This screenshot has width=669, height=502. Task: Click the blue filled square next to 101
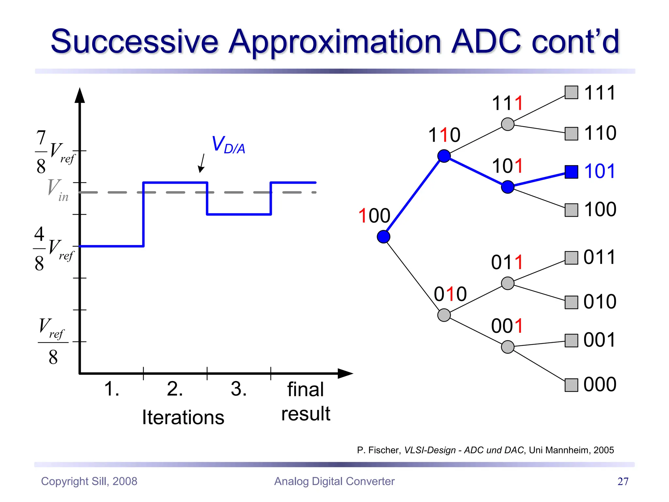[571, 172]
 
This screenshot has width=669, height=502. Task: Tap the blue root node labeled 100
[383, 237]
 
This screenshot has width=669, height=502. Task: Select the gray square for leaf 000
[571, 385]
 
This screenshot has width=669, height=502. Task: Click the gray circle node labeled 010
[444, 315]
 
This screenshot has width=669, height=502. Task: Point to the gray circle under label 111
[508, 124]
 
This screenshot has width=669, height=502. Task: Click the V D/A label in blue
[228, 145]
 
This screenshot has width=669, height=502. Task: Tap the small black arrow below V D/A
[202, 163]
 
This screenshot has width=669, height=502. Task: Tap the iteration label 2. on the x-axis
[175, 389]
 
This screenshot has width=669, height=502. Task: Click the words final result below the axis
[306, 401]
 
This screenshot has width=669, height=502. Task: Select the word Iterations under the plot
[183, 418]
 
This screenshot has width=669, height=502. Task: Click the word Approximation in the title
[335, 42]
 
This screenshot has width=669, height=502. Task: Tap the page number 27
[623, 481]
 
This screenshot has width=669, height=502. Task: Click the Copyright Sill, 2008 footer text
[89, 481]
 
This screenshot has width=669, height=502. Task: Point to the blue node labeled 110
[444, 156]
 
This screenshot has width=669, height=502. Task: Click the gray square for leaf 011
[571, 258]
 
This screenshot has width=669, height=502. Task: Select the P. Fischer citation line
[485, 450]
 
